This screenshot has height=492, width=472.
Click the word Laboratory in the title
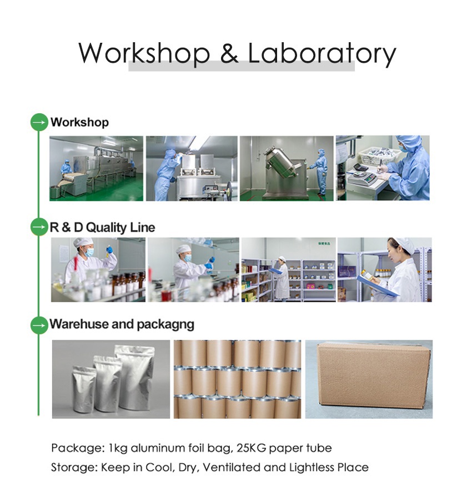coord(322,53)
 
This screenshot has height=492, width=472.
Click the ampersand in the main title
coord(229,53)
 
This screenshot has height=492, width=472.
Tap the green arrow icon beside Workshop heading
coord(39,122)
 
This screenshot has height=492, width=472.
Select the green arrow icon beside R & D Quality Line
coord(39,227)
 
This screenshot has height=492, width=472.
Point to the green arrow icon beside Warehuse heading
coord(39,324)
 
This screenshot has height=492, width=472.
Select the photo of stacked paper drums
coord(237,379)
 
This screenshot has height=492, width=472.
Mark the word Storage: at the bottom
coord(74,467)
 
